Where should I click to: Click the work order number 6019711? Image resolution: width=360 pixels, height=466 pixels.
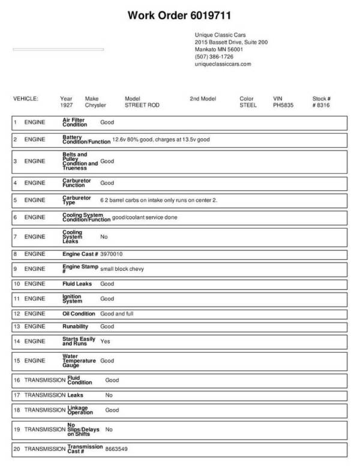208,14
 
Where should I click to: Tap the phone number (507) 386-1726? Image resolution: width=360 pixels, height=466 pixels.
214,56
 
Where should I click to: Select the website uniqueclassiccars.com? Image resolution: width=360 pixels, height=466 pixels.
223,64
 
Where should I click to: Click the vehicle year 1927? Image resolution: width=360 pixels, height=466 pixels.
67,104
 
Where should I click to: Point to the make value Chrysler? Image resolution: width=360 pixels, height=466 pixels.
95,104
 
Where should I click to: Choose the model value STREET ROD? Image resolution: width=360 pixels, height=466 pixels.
141,104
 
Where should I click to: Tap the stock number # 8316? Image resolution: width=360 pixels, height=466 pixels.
321,104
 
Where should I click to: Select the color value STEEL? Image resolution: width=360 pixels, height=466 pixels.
248,104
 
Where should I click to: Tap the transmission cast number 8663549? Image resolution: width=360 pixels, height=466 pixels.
117,449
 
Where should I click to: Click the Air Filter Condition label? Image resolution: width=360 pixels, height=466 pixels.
75,123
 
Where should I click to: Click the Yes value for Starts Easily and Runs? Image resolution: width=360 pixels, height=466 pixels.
105,340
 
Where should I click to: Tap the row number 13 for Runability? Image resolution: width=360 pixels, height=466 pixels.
16,327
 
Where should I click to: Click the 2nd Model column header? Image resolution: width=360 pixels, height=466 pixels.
202,98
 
